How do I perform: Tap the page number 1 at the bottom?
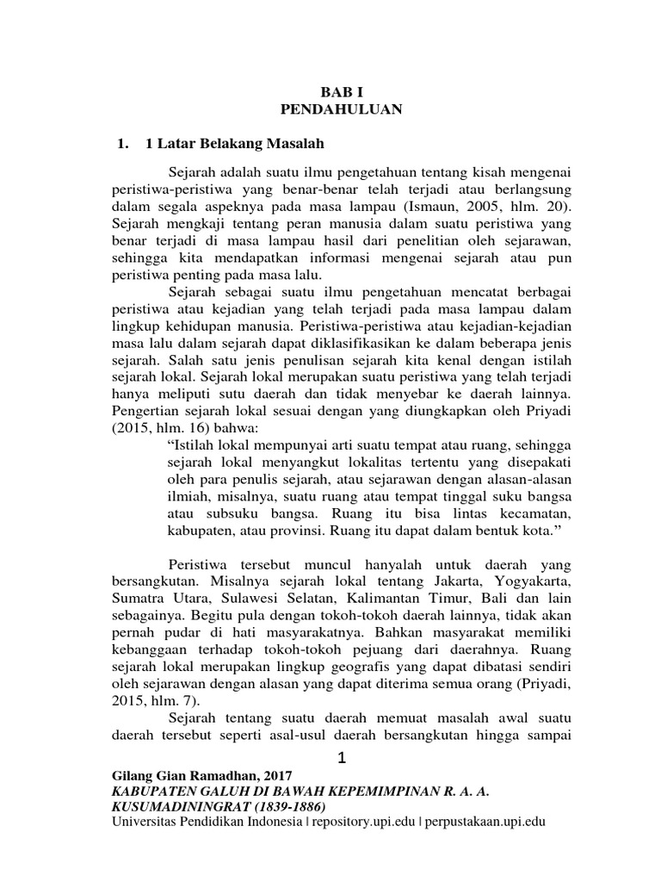point(342,759)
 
